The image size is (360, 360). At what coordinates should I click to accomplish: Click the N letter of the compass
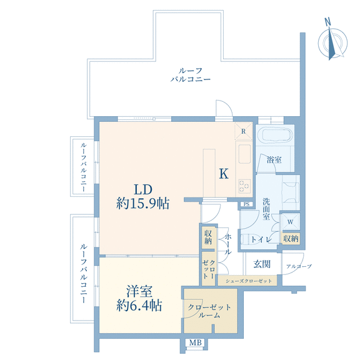pyautogui.click(x=327, y=22)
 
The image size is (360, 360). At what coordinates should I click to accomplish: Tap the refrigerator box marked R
pyautogui.click(x=244, y=131)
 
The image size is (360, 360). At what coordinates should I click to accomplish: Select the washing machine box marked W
pyautogui.click(x=291, y=222)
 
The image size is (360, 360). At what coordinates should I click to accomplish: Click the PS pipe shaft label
pyautogui.click(x=247, y=204)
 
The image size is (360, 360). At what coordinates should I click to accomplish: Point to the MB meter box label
pyautogui.click(x=196, y=342)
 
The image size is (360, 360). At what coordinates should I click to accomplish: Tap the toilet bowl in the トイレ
pyautogui.click(x=245, y=239)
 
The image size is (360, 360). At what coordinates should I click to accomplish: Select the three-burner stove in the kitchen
pyautogui.click(x=244, y=186)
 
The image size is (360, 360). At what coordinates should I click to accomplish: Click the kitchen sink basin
pyautogui.click(x=244, y=154)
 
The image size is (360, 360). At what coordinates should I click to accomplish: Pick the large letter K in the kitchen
pyautogui.click(x=224, y=174)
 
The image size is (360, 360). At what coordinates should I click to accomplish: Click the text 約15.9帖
pyautogui.click(x=142, y=203)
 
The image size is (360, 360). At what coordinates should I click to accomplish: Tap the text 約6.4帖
pyautogui.click(x=139, y=305)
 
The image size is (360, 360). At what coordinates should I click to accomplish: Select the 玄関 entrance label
pyautogui.click(x=262, y=264)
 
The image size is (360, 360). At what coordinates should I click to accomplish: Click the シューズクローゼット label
pyautogui.click(x=249, y=281)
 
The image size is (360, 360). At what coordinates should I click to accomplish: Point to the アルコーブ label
pyautogui.click(x=299, y=266)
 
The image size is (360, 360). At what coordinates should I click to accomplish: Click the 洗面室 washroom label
pyautogui.click(x=266, y=209)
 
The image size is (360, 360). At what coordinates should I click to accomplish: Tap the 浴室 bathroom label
pyautogui.click(x=274, y=160)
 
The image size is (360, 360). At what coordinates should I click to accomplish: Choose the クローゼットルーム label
pyautogui.click(x=209, y=311)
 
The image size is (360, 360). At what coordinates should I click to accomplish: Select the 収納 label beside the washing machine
pyautogui.click(x=291, y=239)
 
